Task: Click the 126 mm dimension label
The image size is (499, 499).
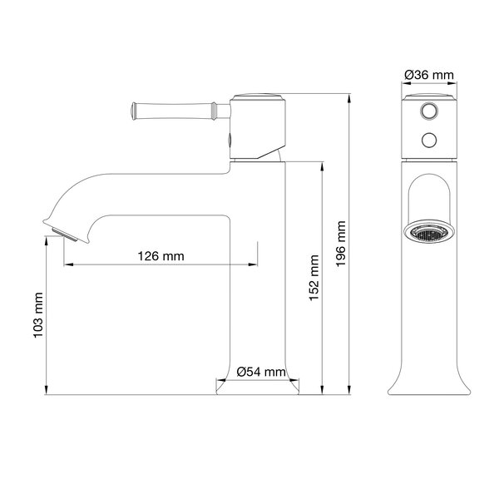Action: click(161, 256)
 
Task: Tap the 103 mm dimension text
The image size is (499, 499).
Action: click(38, 315)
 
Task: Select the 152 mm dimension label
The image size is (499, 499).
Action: click(314, 278)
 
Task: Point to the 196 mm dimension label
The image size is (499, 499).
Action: click(341, 244)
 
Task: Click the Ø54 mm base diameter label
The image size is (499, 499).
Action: click(261, 372)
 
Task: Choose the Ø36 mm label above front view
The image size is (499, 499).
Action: click(429, 75)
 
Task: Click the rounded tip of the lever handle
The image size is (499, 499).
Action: click(134, 111)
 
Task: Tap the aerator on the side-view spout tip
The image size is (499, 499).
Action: click(65, 235)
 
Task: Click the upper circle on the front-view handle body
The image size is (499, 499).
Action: click(429, 111)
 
